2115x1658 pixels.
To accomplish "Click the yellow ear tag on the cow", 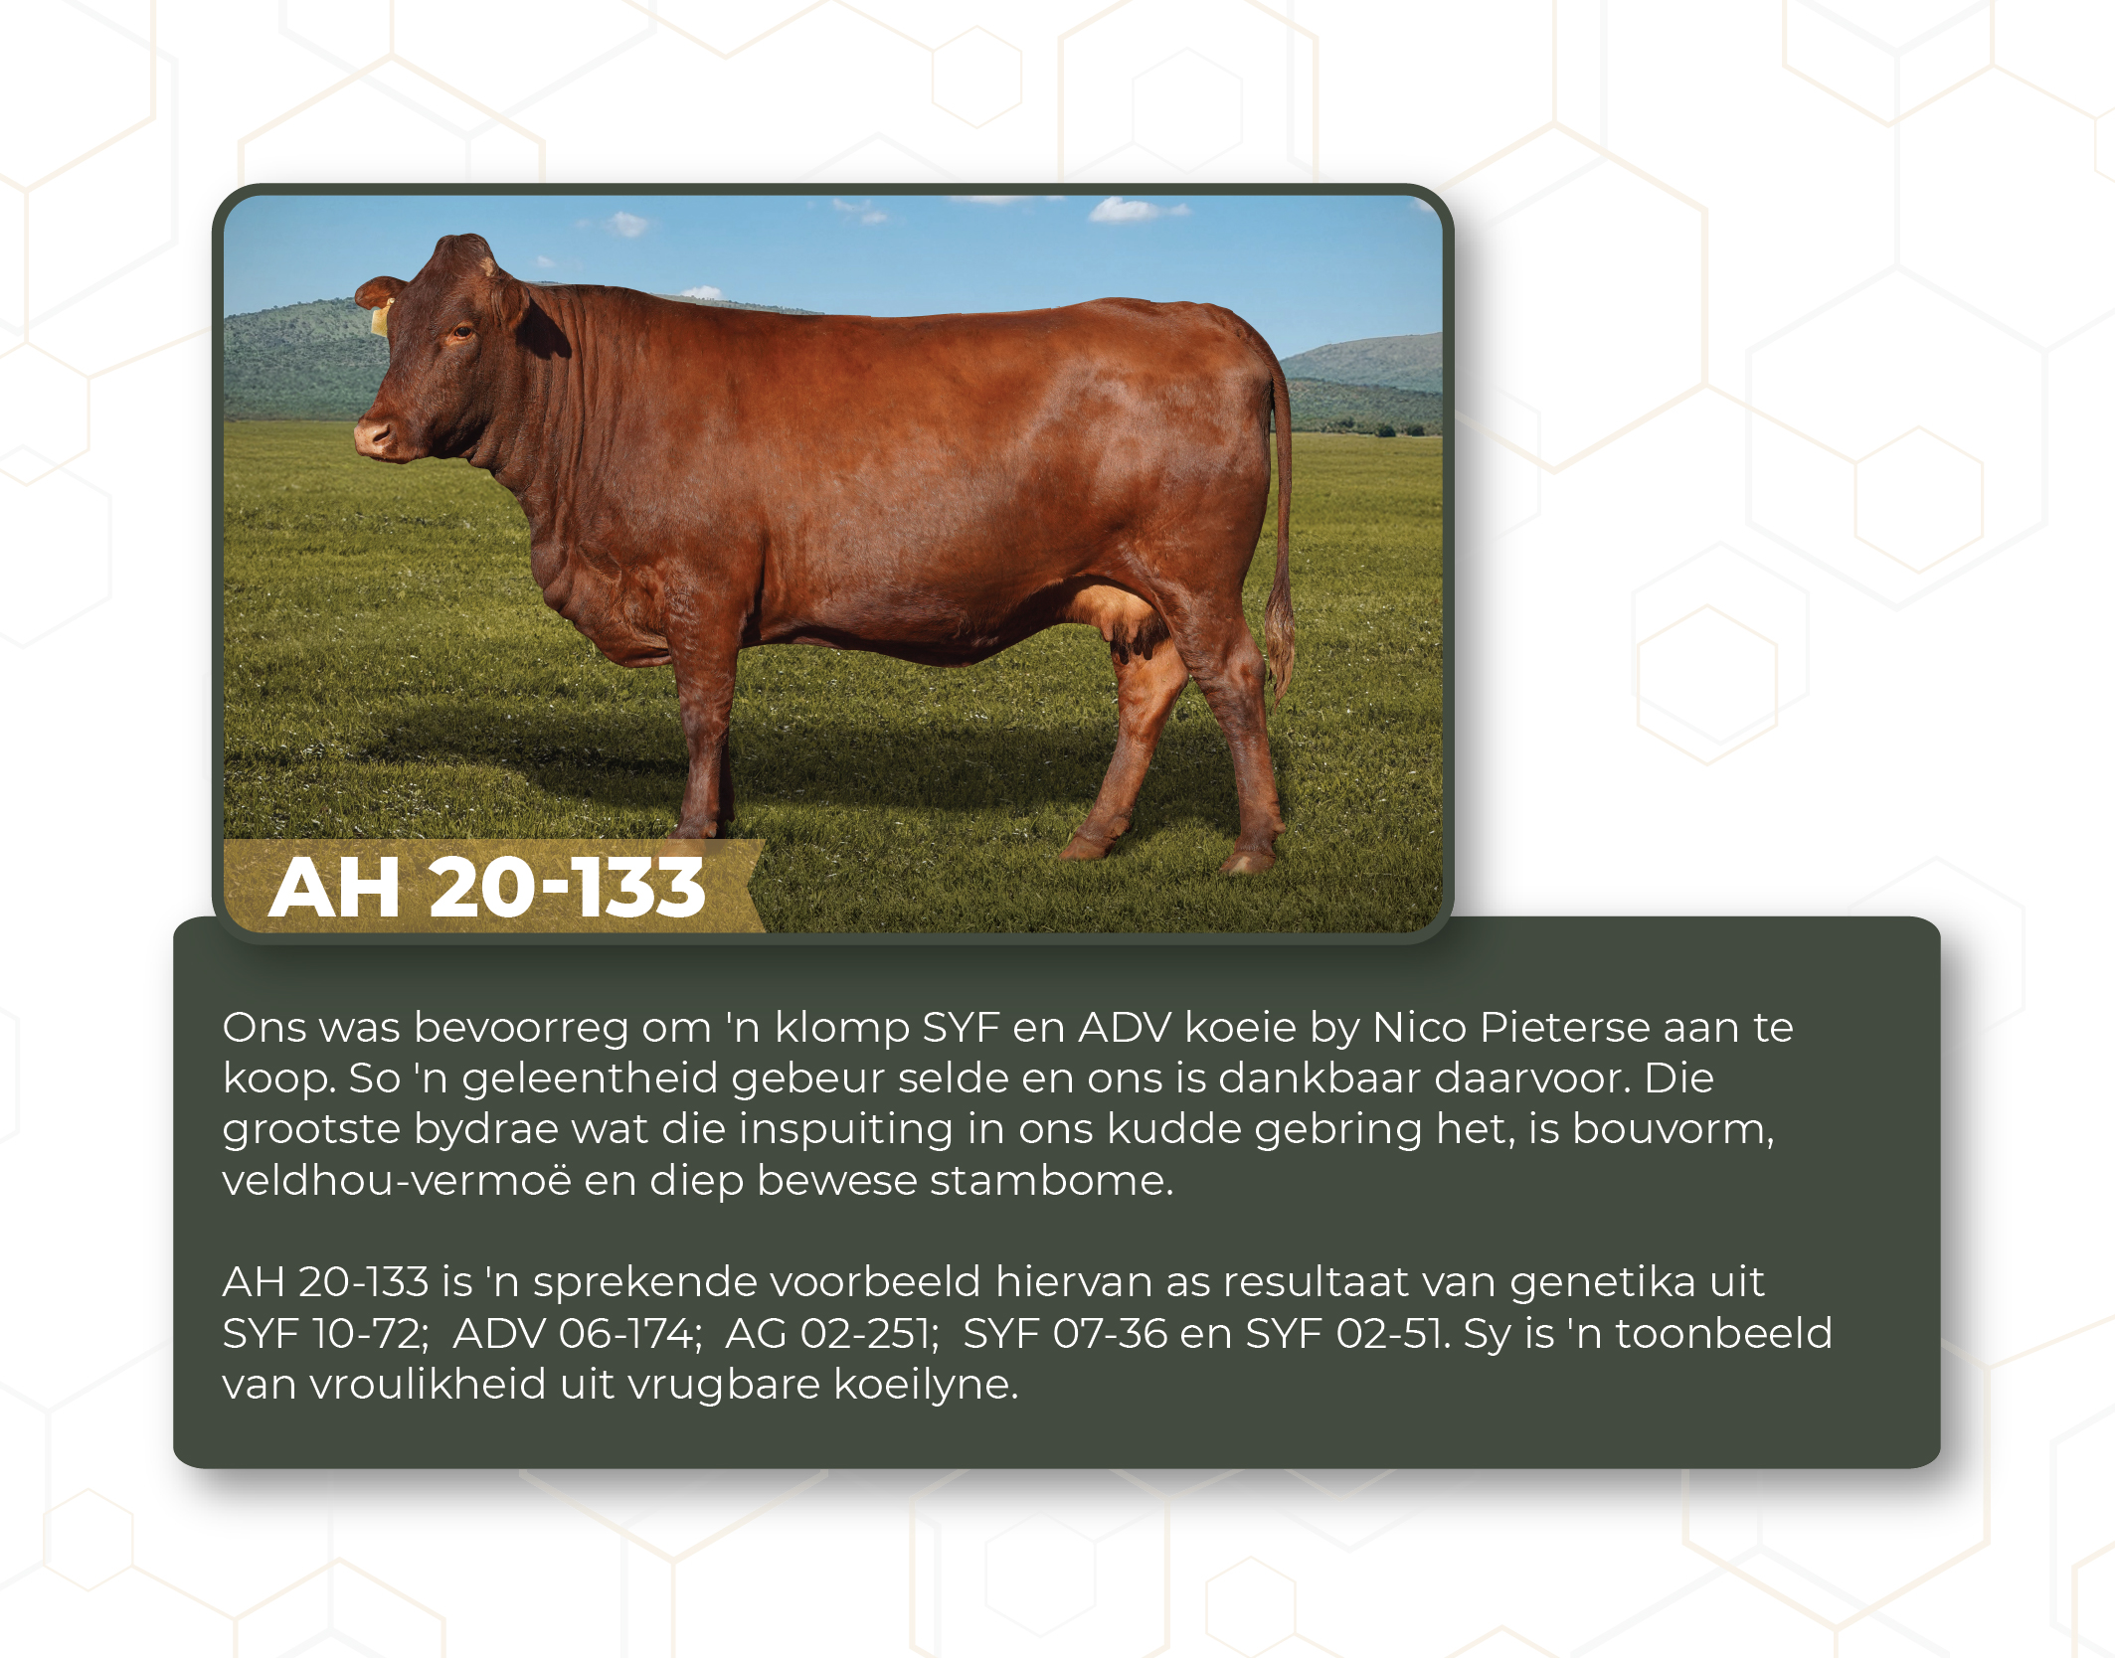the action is (380, 318).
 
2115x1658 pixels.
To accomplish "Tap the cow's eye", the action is (461, 333).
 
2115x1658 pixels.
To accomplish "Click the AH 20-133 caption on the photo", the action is (487, 887).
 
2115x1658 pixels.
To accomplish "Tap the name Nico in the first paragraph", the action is (1419, 1027).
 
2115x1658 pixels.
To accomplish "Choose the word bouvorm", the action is (1674, 1129).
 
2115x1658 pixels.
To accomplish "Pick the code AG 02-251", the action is (832, 1333).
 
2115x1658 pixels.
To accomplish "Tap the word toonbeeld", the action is (1723, 1333).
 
